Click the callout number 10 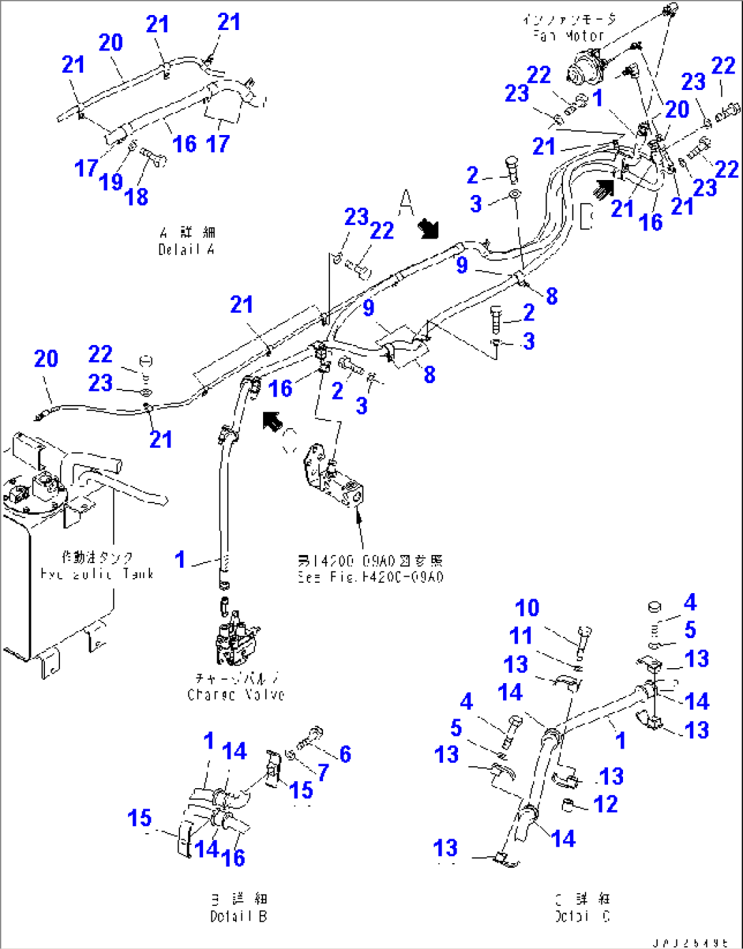[x=527, y=608]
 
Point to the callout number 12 [x=605, y=804]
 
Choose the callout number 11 [x=521, y=636]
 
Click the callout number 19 [x=110, y=182]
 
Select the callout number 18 [x=136, y=197]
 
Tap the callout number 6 [x=345, y=754]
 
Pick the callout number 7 [x=323, y=772]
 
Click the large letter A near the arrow [x=406, y=202]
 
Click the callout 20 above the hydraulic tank [x=46, y=359]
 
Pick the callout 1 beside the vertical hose [x=180, y=560]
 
